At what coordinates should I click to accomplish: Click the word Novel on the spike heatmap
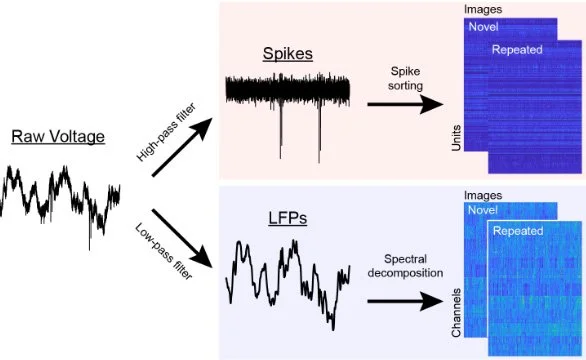tap(482, 28)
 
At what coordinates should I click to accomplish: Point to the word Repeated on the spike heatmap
tap(517, 48)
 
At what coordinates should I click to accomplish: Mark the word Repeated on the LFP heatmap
tap(517, 230)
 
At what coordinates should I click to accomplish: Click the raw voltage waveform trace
tap(60, 195)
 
